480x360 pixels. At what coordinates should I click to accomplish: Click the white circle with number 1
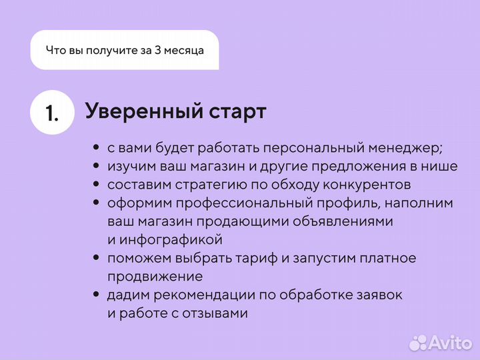pyautogui.click(x=52, y=112)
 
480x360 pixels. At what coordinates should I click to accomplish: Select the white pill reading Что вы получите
pyautogui.click(x=125, y=50)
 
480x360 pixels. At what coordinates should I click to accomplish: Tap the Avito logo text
pyautogui.click(x=449, y=343)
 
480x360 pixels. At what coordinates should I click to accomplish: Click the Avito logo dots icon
pyautogui.click(x=418, y=343)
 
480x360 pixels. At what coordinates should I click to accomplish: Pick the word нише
pyautogui.click(x=441, y=166)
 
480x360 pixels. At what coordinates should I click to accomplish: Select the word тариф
pyautogui.click(x=244, y=258)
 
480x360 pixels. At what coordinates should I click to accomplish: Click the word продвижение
pyautogui.click(x=155, y=276)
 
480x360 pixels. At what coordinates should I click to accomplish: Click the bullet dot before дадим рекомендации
pyautogui.click(x=97, y=295)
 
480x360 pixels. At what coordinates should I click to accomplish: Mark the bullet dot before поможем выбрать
pyautogui.click(x=97, y=258)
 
